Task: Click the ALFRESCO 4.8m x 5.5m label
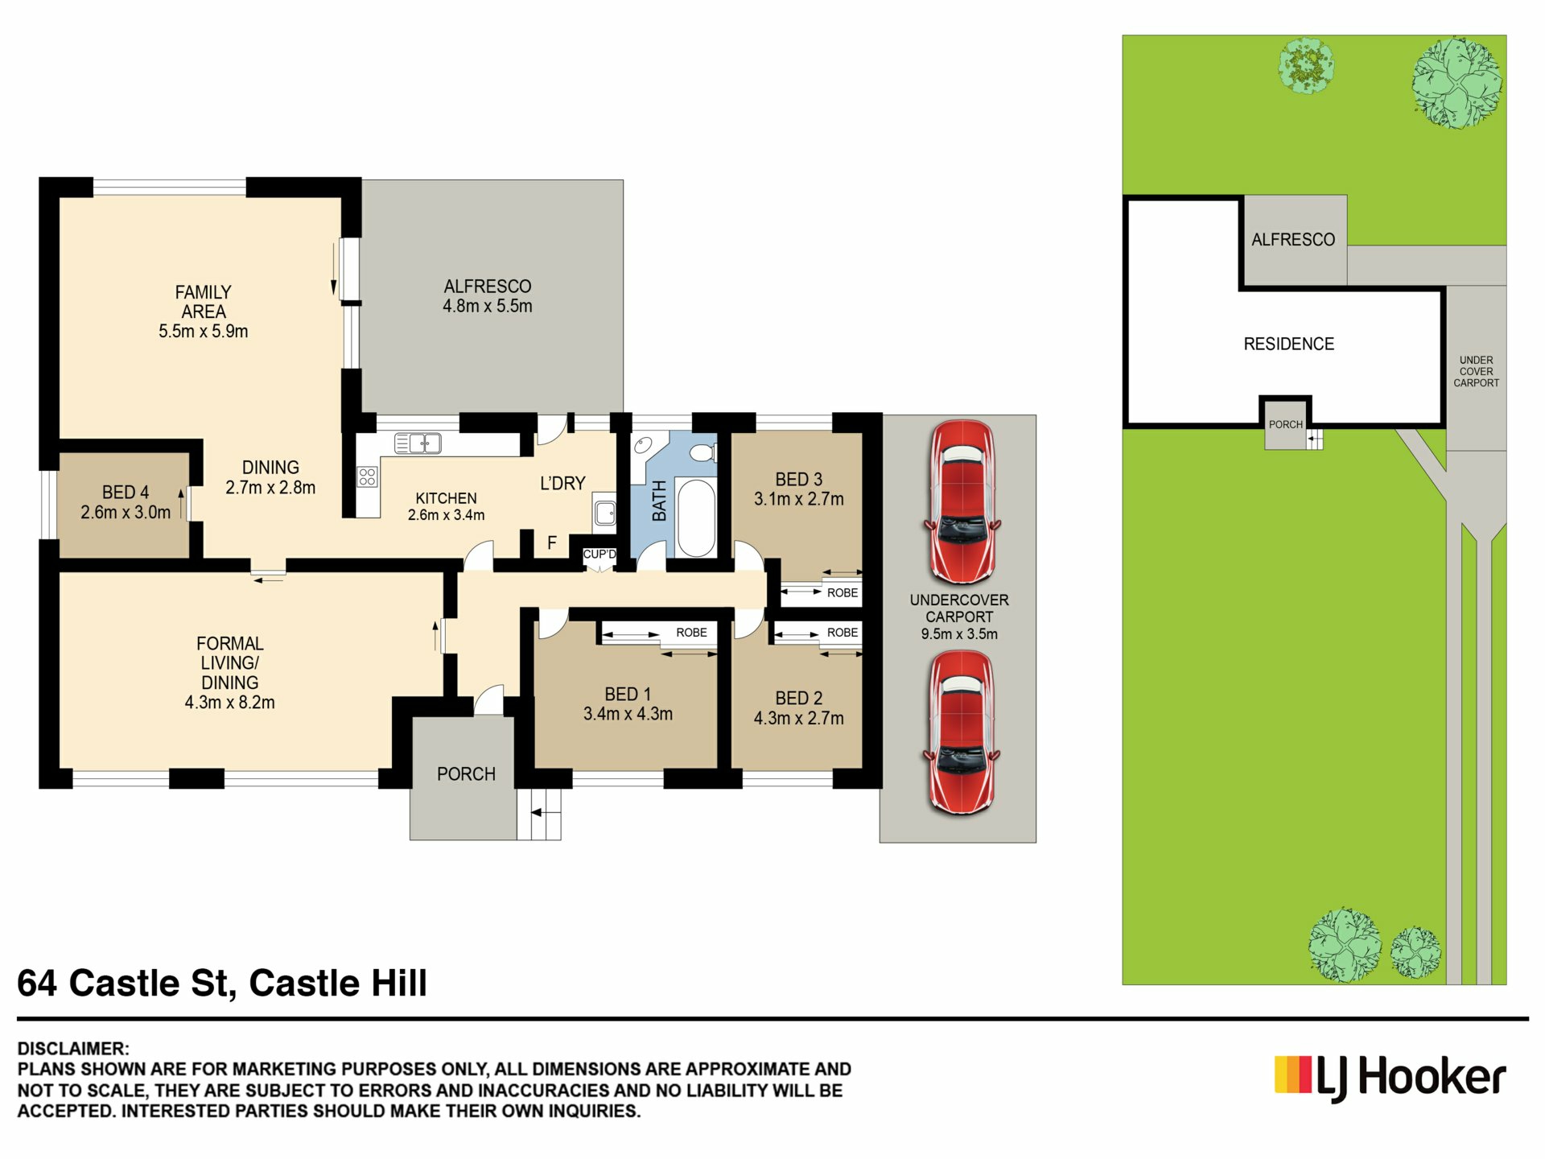coord(488,296)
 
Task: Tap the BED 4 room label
coord(126,502)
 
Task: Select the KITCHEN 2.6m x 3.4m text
coord(446,506)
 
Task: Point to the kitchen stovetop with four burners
coord(368,476)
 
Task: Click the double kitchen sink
coord(418,443)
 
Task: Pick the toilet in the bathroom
coord(702,452)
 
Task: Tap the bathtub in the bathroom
coord(696,518)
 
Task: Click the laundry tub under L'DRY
coord(605,510)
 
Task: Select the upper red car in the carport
coord(962,502)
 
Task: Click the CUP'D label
coord(599,555)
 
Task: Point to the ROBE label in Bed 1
coord(691,633)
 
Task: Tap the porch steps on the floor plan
coord(539,814)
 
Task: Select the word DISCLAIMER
coord(72,1049)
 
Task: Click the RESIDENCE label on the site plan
coord(1288,344)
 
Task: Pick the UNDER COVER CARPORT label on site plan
coord(1476,372)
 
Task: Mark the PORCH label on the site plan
coord(1285,425)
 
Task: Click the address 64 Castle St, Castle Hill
coord(222,984)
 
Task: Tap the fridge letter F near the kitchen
coord(552,543)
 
